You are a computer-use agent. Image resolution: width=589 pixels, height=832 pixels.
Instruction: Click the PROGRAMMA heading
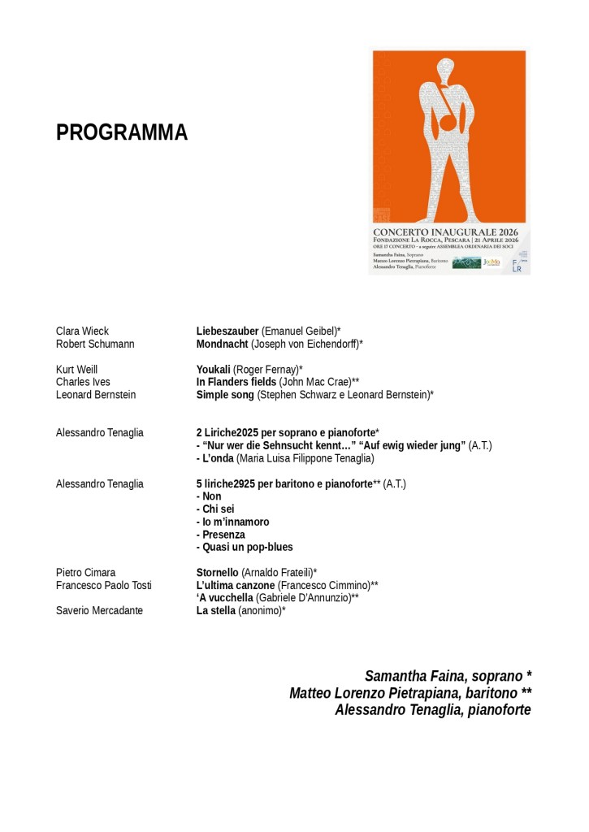coord(122,132)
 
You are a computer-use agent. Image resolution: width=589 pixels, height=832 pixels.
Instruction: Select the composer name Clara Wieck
coord(82,331)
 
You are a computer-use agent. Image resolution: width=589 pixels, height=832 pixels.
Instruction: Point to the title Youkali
coord(213,369)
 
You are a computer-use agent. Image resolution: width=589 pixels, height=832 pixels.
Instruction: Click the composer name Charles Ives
coord(83,382)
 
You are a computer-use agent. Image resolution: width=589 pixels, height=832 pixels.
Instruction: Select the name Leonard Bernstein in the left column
coord(96,395)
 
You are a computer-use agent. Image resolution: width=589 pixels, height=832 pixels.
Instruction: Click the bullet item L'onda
coord(217,458)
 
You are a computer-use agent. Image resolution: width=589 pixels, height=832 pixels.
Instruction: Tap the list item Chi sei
coord(215,509)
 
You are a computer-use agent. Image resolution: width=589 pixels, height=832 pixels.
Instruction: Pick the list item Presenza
coord(222,534)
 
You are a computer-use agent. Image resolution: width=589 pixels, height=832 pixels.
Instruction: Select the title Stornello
coord(217,572)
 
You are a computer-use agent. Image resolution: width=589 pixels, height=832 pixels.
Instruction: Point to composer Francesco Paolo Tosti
coord(103,585)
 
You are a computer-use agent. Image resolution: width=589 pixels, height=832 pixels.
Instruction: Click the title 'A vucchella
coord(224,598)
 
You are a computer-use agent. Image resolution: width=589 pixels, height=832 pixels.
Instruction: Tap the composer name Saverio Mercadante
coord(99,610)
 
